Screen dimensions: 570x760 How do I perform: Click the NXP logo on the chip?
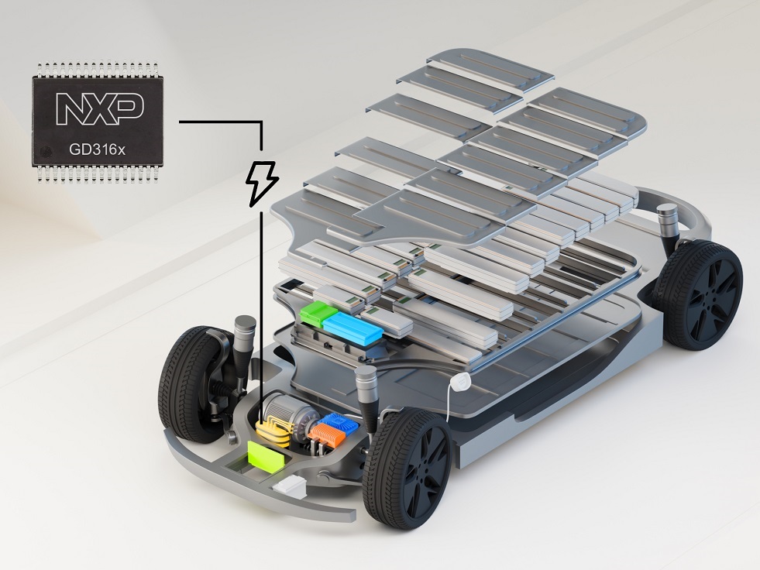tap(99, 109)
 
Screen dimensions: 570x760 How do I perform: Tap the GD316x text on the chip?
tap(95, 149)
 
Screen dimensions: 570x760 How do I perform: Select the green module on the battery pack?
tap(315, 314)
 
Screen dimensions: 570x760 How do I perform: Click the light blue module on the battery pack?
tap(352, 326)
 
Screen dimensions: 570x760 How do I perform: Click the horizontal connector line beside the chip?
tap(220, 122)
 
